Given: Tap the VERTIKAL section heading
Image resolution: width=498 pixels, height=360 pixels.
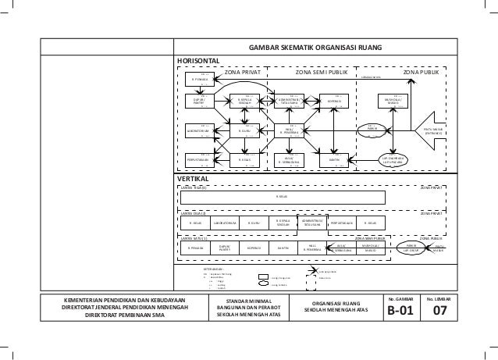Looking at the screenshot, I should pyautogui.click(x=194, y=179).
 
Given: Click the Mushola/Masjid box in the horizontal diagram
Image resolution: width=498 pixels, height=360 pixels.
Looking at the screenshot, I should pyautogui.click(x=390, y=102).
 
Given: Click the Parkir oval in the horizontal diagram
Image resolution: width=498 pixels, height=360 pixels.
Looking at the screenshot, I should pyautogui.click(x=372, y=130).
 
